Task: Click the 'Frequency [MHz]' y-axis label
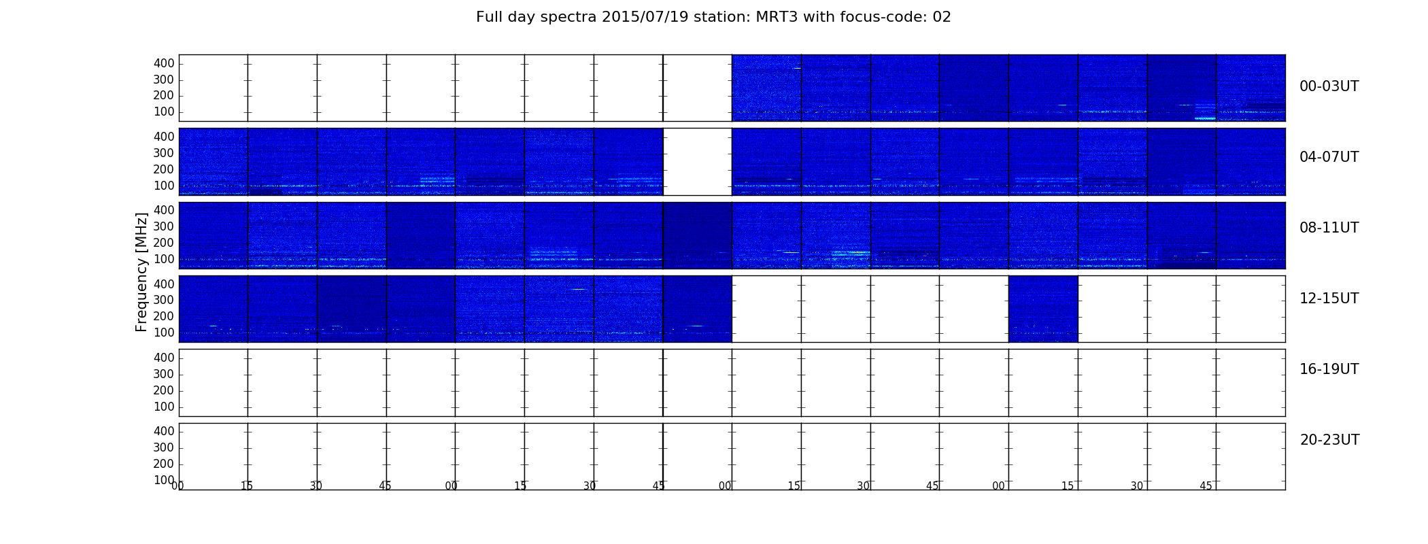(x=141, y=272)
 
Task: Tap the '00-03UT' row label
(x=1329, y=86)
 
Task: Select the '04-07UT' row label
(x=1329, y=157)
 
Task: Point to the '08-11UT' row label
(x=1329, y=228)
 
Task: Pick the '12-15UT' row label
(x=1329, y=299)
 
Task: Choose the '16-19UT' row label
(x=1329, y=369)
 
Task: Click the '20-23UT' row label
(x=1329, y=440)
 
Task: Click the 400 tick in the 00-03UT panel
(x=164, y=63)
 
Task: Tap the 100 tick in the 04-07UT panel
(x=164, y=186)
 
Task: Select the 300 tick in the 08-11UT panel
(x=164, y=226)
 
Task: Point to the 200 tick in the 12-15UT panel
(x=164, y=316)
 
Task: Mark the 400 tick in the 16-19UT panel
(x=164, y=358)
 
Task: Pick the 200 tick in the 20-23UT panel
(x=164, y=464)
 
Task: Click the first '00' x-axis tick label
(x=177, y=486)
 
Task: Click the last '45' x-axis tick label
(x=1206, y=486)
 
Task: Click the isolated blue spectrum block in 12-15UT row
(x=1043, y=309)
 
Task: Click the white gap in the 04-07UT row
(x=697, y=162)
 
